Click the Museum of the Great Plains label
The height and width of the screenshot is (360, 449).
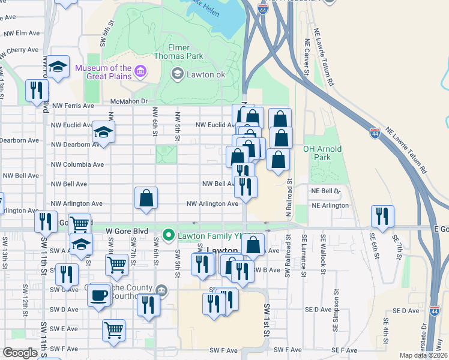pyautogui.click(x=103, y=72)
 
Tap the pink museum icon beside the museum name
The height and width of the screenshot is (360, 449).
pyautogui.click(x=140, y=73)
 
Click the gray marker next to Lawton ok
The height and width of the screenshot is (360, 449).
pyautogui.click(x=177, y=74)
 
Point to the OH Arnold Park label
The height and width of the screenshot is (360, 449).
pyautogui.click(x=322, y=153)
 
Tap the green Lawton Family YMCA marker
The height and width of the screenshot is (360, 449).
pyautogui.click(x=170, y=235)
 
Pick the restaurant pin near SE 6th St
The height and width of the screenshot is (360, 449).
pyautogui.click(x=382, y=216)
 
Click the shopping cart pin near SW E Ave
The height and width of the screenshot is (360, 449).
pyautogui.click(x=113, y=329)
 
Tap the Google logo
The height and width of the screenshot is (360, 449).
pyautogui.click(x=20, y=353)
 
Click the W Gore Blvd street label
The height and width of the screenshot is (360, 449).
pyautogui.click(x=126, y=230)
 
